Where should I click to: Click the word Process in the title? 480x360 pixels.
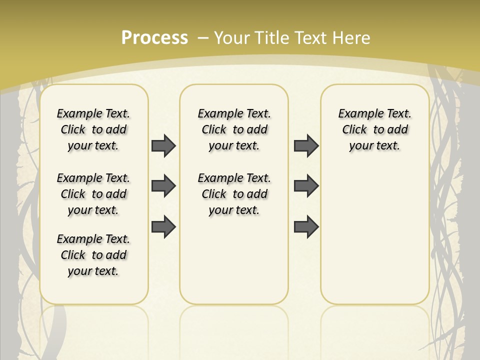coord(154,38)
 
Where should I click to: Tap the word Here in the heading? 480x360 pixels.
coord(352,38)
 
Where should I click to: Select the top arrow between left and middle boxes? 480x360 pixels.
coord(163,146)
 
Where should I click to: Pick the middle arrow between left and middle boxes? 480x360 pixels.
coord(163,186)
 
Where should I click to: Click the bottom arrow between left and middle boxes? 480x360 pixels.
coord(163,227)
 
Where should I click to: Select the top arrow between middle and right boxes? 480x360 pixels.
coord(306,146)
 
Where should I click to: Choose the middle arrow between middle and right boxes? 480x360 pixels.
coord(306,186)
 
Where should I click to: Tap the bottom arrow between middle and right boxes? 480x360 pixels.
coord(306,227)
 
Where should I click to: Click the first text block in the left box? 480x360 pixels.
coord(93,129)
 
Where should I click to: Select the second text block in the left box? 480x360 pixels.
coord(93,194)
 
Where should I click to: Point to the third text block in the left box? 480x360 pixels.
coord(93,255)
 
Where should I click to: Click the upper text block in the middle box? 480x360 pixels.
coord(234,129)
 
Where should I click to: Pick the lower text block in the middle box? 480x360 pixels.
coord(234,194)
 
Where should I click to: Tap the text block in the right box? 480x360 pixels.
coord(374,129)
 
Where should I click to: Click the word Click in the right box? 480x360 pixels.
coord(354,130)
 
